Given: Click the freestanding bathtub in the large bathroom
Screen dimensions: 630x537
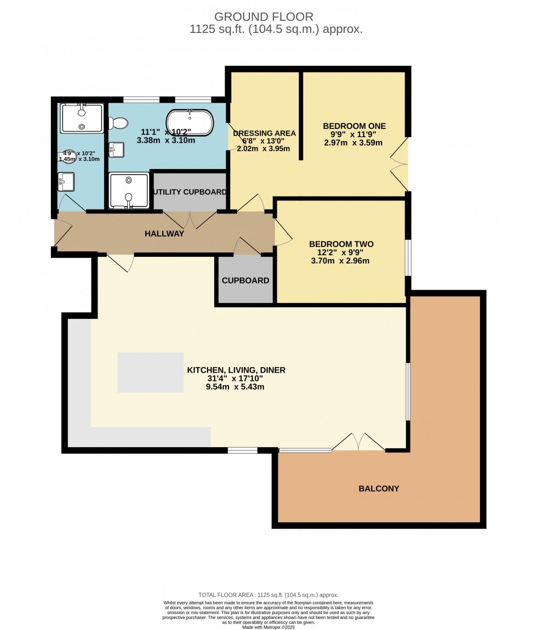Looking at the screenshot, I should click(x=190, y=123).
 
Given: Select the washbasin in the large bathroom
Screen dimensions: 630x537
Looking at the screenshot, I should click(x=116, y=149).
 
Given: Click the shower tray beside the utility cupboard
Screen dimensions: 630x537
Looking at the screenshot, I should click(x=128, y=190).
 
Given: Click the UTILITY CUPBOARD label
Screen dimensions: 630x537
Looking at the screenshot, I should click(x=190, y=192).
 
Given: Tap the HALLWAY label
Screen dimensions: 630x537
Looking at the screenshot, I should click(x=164, y=234).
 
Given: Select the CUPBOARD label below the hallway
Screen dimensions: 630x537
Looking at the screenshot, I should click(x=245, y=280).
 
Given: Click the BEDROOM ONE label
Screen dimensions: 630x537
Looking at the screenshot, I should click(x=354, y=126).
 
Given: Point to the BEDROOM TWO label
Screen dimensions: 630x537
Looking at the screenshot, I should click(x=341, y=244).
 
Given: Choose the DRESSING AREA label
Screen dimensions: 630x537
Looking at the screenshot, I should click(x=264, y=133).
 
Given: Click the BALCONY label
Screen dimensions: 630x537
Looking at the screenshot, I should click(x=379, y=488).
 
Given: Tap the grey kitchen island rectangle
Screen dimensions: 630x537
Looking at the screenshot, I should click(x=151, y=373).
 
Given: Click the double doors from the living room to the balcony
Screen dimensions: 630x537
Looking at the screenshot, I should click(x=359, y=442).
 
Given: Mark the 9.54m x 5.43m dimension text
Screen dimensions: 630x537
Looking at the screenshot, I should click(x=236, y=387).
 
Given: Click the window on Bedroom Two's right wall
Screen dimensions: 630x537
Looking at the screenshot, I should click(x=408, y=257).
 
